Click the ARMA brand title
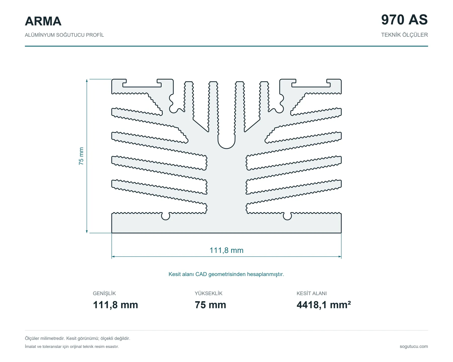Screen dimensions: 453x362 coord(43,21)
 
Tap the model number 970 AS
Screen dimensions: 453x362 coord(404,20)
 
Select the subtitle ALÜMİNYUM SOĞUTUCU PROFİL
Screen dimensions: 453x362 coord(64,35)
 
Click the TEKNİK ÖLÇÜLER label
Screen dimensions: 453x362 coord(404,35)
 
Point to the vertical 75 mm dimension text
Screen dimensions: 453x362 coord(81,156)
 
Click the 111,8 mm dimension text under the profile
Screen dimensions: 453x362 coord(226,250)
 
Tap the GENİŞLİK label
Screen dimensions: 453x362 coord(104,293)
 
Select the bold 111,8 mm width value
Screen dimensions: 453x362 coord(116,305)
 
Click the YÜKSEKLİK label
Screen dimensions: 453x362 coord(209,293)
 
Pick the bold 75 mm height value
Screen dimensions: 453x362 coord(210,305)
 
